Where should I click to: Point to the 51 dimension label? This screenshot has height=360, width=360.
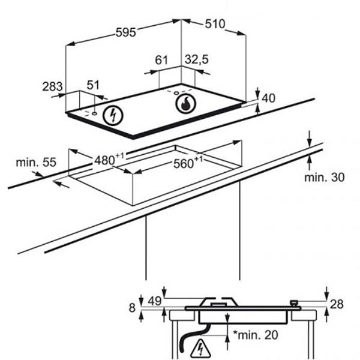point(93,85)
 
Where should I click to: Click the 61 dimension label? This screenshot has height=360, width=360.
point(161,60)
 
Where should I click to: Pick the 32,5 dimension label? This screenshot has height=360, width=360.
point(197,60)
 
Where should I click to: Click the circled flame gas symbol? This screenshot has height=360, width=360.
point(185,104)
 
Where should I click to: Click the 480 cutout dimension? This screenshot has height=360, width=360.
point(109,160)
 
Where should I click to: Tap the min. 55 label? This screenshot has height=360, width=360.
point(36,162)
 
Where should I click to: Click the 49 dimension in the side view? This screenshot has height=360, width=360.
point(155,301)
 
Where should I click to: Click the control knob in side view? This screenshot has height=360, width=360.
point(294,304)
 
